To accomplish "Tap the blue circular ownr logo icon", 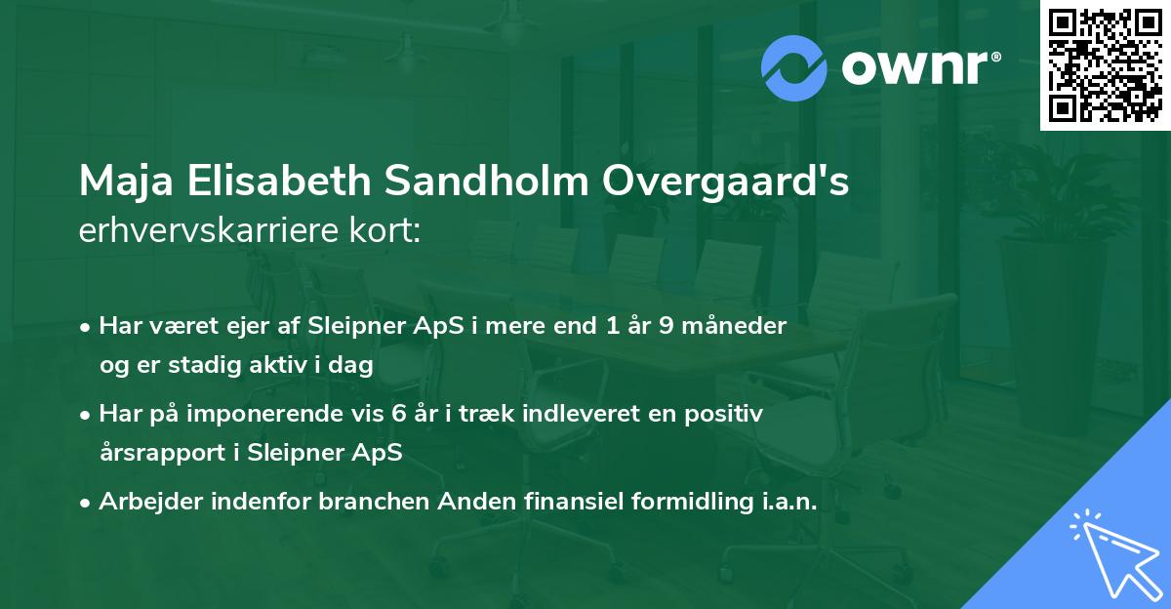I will click(795, 68).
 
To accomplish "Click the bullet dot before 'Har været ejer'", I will click(87, 327).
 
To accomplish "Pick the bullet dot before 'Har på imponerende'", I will click(87, 415).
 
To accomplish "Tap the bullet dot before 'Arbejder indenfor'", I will click(87, 503).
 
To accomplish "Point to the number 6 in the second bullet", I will click(398, 414).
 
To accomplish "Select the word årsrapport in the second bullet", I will click(149, 453).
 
